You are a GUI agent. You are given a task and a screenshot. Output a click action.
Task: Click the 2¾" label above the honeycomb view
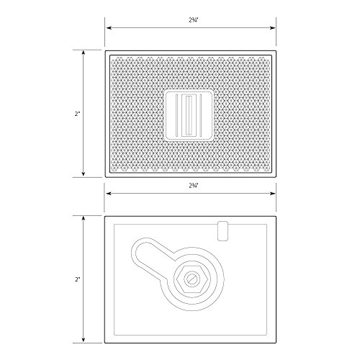193,20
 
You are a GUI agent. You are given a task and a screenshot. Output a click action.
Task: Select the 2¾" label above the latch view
193,186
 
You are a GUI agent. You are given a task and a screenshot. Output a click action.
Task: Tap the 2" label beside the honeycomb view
77,114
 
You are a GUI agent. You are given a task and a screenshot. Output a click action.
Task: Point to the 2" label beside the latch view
77,279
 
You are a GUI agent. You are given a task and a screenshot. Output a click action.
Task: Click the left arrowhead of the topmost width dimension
109,28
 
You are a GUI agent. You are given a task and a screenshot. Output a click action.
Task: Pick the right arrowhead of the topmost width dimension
273,28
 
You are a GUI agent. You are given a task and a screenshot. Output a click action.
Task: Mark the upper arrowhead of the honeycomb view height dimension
84,53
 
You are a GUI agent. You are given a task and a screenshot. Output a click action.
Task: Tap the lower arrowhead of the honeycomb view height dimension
84,174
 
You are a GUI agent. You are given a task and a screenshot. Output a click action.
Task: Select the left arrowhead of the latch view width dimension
109,194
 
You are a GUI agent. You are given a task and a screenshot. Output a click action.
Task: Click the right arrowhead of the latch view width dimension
273,194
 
